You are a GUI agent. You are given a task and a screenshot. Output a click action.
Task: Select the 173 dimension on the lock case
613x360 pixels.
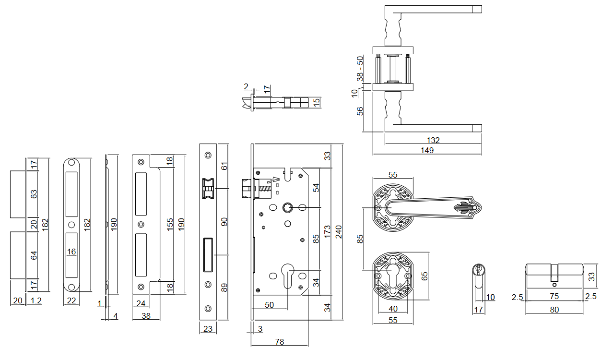[x=327, y=231]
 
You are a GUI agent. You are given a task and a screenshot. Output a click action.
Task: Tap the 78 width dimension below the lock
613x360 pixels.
[x=279, y=342]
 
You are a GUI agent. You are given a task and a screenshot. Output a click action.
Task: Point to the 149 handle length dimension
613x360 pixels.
[x=427, y=150]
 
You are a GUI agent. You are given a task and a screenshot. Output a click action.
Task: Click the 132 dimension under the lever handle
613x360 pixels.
[x=433, y=140]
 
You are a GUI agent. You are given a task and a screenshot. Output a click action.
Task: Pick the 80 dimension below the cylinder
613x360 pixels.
[x=554, y=310]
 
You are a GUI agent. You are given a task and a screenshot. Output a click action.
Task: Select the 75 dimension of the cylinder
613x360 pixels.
[x=554, y=297]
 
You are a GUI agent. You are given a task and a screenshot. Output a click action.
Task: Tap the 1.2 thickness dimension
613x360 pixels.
[x=36, y=301]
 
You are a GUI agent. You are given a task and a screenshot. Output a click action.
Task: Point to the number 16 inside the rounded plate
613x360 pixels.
[x=71, y=252]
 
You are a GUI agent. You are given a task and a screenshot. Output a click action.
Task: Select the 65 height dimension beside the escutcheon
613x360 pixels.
[x=424, y=276]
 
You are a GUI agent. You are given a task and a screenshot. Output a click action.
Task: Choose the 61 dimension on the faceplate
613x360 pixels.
[x=224, y=166]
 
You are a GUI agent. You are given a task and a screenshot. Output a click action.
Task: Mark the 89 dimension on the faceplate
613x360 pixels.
[x=224, y=288]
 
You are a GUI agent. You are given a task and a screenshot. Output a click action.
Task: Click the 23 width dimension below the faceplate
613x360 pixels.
[x=208, y=329]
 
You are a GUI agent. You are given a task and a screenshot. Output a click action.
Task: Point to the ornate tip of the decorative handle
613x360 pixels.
[x=468, y=208]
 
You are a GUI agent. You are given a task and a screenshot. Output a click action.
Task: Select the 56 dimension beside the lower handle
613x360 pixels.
[x=360, y=111]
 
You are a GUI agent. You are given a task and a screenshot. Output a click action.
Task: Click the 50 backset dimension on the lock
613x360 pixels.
[x=269, y=305]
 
